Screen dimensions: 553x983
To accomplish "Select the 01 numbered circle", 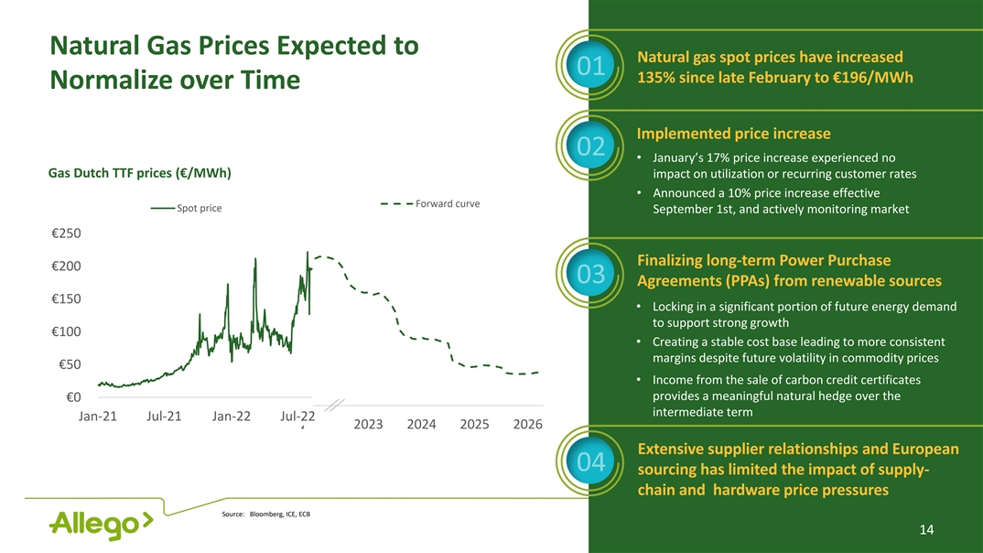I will coord(595,66).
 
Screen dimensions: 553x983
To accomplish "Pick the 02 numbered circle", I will coord(595,146).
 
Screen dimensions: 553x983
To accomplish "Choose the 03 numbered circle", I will coord(595,274).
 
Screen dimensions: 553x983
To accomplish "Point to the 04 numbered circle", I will coord(595,463).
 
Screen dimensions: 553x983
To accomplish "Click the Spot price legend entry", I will coord(187,209).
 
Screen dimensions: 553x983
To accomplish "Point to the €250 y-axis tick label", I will coord(66,233).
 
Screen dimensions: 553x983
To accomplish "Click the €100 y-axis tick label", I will coord(66,331).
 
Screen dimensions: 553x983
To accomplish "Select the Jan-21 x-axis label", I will coord(99,417).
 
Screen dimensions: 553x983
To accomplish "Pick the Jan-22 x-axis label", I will coord(232,417).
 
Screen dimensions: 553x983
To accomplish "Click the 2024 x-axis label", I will coord(421,425).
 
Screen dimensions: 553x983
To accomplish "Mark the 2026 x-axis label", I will coord(527,425).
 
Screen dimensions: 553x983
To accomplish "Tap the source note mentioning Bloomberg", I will coord(266,514).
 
